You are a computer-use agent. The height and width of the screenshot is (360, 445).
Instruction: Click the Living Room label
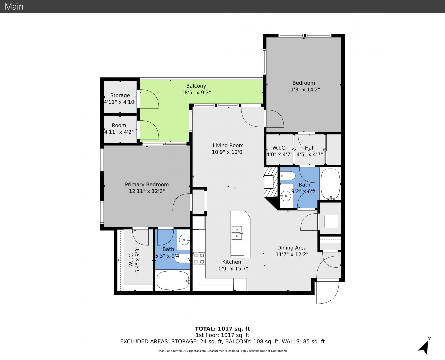click(228, 145)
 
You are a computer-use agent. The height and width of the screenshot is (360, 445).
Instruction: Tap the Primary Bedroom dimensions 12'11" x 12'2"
click(147, 191)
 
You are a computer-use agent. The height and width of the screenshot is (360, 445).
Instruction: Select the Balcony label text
click(196, 86)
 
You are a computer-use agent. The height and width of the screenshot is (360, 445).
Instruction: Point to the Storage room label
click(120, 95)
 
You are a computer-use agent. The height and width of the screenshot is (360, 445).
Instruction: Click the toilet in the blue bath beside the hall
click(287, 176)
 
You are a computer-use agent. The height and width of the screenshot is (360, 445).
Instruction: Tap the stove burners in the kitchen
click(199, 258)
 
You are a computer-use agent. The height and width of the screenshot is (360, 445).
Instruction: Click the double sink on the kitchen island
click(237, 233)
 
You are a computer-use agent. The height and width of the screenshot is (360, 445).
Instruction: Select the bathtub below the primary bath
click(173, 280)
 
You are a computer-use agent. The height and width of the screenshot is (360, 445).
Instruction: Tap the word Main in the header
click(14, 7)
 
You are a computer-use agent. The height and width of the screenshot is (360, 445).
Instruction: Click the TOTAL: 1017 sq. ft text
click(222, 329)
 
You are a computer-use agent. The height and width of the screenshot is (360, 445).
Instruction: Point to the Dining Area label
click(292, 248)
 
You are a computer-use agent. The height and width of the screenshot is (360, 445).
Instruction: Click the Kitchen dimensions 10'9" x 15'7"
click(231, 268)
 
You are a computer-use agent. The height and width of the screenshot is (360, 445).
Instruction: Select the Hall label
click(310, 148)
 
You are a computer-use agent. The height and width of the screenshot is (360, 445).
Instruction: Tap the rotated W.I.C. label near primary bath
click(131, 260)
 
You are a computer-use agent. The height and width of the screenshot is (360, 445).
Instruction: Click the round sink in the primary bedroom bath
click(184, 240)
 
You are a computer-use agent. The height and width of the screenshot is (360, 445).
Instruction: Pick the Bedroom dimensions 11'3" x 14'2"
click(304, 89)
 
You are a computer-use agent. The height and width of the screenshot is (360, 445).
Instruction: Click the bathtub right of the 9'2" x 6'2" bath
click(330, 184)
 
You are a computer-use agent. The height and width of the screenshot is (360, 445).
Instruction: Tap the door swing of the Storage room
click(149, 99)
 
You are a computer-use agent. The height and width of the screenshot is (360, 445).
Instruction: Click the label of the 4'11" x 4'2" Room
click(119, 125)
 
